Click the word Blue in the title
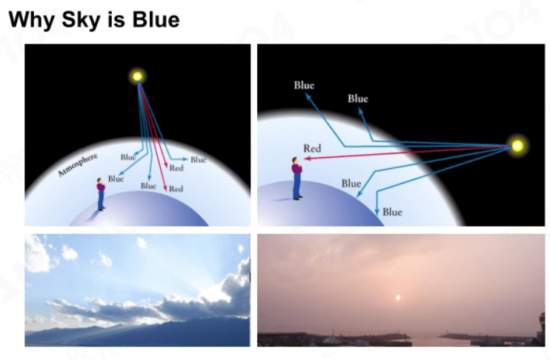coord(156,19)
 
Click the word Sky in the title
coord(81,20)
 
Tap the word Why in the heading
coord(31,20)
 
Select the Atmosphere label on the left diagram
coord(77,164)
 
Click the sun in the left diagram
coord(138,76)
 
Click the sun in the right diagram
coord(517,145)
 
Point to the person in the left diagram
coord(101,194)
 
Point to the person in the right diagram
coord(296,179)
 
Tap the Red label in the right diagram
coord(312,148)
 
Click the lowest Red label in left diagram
coord(176,189)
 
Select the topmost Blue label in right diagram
coord(304,85)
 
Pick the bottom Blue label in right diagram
coord(392,212)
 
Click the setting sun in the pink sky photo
coord(398,298)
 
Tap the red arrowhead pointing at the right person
coord(306,159)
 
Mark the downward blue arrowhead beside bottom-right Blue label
coord(377,212)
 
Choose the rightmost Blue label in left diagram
coord(198,159)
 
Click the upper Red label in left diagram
coord(176,168)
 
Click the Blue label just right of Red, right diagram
coord(358,99)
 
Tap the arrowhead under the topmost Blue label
coord(308,96)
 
